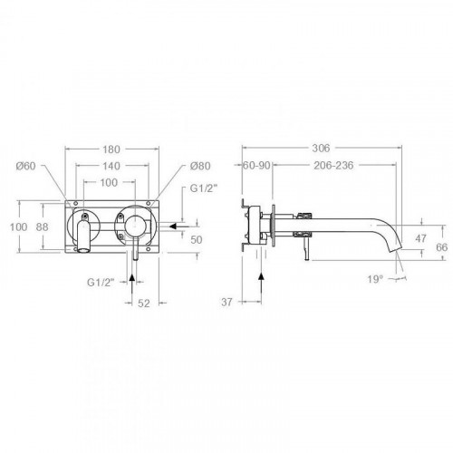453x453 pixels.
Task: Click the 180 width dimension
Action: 111,149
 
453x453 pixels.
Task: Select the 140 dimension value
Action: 111,166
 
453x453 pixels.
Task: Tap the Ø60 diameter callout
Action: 26,166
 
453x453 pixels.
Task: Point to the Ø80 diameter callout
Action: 200,166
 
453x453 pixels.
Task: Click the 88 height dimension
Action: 43,226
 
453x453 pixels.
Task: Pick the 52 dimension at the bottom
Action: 144,304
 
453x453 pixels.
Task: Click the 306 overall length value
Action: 321,149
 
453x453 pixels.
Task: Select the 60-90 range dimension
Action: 256,166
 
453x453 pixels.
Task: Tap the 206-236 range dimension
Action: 333,166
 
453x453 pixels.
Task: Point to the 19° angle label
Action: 375,279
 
